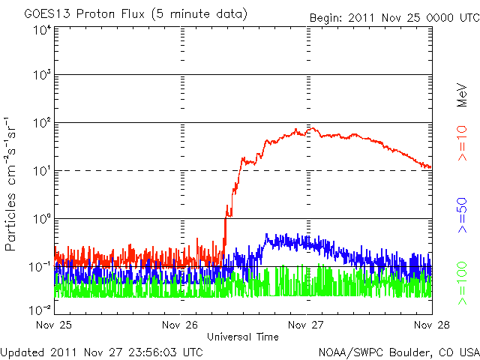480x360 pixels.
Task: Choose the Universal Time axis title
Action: point(244,337)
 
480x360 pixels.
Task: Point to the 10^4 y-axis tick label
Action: point(40,29)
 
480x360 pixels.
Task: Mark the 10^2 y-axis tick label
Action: point(40,123)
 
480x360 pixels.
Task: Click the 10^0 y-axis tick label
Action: point(40,218)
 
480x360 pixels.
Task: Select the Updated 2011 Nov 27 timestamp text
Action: point(101,351)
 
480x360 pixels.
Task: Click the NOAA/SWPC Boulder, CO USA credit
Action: point(398,351)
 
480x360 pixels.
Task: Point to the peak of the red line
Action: point(310,128)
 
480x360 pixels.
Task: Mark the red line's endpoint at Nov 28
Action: point(430,167)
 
